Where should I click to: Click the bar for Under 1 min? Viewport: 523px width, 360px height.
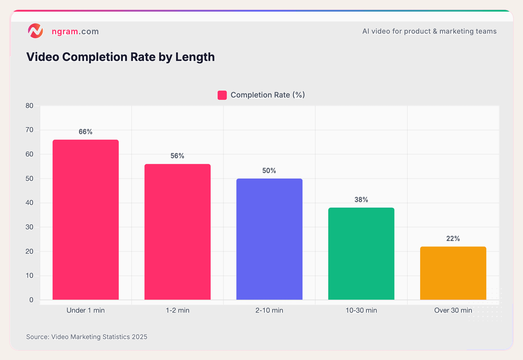point(86,220)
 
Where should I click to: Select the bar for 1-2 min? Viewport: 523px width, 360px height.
point(178,232)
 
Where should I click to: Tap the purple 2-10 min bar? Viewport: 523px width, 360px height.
point(269,239)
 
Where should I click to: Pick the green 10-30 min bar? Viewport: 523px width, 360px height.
point(361,254)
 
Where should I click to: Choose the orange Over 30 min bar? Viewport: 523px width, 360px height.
point(453,273)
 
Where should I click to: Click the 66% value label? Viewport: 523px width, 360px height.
point(86,132)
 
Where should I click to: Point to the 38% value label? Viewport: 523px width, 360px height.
point(361,200)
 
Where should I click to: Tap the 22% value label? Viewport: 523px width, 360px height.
point(453,239)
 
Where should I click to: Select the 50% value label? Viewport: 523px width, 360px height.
point(269,171)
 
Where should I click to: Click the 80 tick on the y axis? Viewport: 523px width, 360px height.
point(29,106)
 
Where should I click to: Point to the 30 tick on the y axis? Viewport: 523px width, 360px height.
point(29,227)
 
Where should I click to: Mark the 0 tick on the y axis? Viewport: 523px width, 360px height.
point(31,300)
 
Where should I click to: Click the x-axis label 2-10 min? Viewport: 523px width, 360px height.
point(269,310)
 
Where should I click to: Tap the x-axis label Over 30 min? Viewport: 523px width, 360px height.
point(453,310)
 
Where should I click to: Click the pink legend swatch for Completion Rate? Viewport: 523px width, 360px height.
point(222,95)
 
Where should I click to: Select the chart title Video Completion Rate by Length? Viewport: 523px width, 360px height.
point(121,57)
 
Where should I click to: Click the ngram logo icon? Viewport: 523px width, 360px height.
point(35,31)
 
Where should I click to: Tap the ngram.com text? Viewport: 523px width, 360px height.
point(75,31)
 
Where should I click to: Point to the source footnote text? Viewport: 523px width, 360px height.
point(87,337)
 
